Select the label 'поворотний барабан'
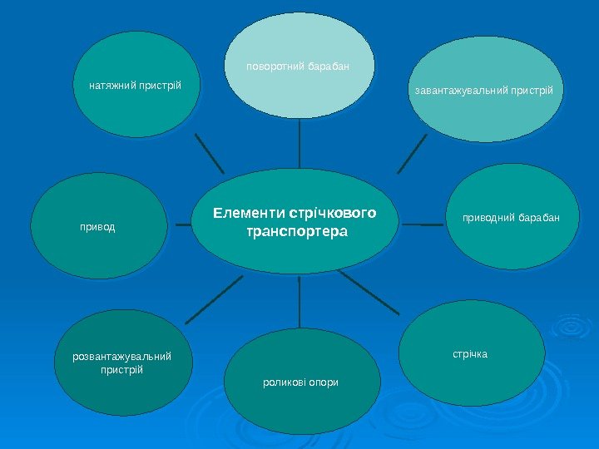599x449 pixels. click(297, 65)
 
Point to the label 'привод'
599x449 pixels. click(97, 225)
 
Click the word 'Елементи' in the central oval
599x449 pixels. click(247, 213)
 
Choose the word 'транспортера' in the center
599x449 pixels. click(296, 230)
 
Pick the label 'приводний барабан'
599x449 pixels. click(511, 218)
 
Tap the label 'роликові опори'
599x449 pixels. click(300, 382)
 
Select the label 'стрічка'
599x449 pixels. click(470, 354)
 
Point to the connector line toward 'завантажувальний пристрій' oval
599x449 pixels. click(413, 155)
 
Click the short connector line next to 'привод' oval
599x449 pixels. click(181, 224)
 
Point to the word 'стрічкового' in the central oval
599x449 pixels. click(330, 213)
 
